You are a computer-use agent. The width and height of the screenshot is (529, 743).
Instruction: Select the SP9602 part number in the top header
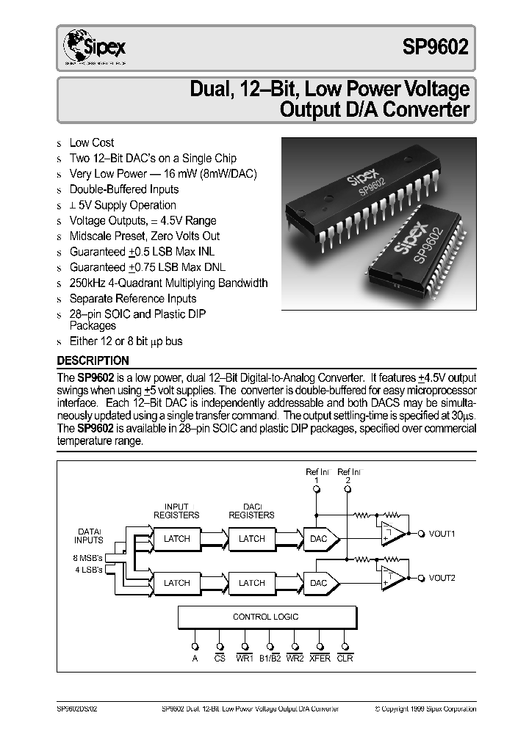[x=434, y=48]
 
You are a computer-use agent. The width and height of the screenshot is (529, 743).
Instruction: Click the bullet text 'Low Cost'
[x=92, y=142]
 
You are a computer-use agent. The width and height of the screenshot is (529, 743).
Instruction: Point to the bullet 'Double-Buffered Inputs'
[x=123, y=189]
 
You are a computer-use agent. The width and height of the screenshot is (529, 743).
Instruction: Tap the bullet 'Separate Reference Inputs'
[x=132, y=299]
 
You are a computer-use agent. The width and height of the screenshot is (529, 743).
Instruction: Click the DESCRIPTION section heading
[x=93, y=360]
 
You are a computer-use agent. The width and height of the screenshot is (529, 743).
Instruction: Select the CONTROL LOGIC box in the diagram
[x=265, y=617]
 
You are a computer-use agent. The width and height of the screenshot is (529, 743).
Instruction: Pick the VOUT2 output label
[x=442, y=578]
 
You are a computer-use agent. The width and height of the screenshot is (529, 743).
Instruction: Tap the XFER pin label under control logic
[x=320, y=659]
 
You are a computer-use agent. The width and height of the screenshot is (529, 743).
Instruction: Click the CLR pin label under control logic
[x=345, y=659]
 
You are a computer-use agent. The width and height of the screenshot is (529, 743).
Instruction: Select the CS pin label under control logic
[x=220, y=659]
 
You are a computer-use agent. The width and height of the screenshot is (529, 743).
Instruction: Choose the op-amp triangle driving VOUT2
[x=392, y=579]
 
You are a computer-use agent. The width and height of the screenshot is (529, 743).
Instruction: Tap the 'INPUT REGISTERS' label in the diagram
[x=176, y=511]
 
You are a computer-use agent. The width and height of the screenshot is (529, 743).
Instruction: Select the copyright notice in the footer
[x=425, y=709]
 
